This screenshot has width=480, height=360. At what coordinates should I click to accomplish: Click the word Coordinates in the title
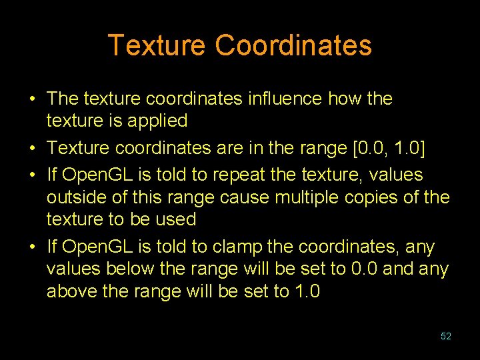[x=293, y=45]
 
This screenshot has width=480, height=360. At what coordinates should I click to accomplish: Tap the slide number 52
[x=446, y=337]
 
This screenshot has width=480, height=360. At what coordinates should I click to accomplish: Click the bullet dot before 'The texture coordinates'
[x=32, y=99]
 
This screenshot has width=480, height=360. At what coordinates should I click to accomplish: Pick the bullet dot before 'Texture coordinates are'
[x=32, y=147]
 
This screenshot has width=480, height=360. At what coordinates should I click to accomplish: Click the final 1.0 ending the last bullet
[x=307, y=292]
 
